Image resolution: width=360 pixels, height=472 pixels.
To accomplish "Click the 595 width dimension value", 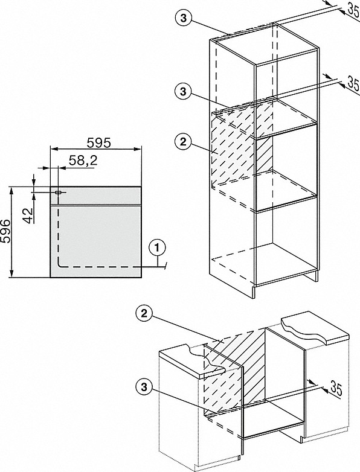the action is (99, 142).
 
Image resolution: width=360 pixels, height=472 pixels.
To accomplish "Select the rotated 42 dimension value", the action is (28, 215).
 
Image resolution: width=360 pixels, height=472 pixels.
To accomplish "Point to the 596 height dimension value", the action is (5, 231).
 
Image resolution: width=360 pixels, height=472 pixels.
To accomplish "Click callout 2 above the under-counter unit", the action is (144, 314).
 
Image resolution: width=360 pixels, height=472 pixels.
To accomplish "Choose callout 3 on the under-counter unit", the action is (144, 387).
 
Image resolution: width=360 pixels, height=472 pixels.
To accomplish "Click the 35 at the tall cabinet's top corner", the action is (353, 8).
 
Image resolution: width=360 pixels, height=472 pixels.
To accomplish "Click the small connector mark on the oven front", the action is (58, 192).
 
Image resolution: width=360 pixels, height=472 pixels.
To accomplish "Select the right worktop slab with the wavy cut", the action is (315, 330).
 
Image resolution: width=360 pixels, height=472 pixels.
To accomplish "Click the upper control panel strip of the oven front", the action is (95, 196).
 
